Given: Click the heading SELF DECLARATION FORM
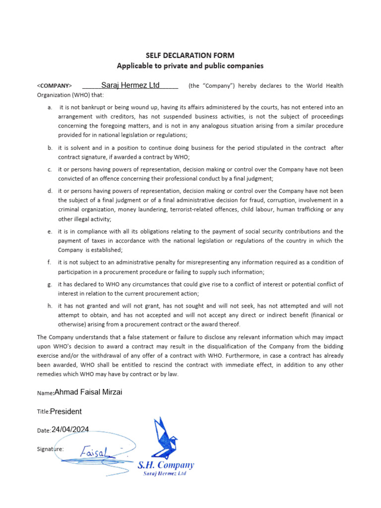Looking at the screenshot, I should coord(190,55).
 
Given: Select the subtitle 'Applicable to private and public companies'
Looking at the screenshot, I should coord(190,65).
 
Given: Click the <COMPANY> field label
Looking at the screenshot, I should coord(55,86).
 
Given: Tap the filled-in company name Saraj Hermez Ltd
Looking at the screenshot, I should coord(130,85).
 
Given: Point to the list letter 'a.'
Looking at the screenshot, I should coord(50,107).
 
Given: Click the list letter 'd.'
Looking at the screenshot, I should coord(50,191).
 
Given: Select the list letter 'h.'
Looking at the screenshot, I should coord(50,306).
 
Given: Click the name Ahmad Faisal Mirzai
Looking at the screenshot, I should coord(88,392).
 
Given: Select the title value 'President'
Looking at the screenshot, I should coord(66,411).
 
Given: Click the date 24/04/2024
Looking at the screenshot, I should coord(70,430).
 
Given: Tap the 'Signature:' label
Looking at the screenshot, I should coord(50,449).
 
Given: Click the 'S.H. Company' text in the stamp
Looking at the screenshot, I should coord(165,465).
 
